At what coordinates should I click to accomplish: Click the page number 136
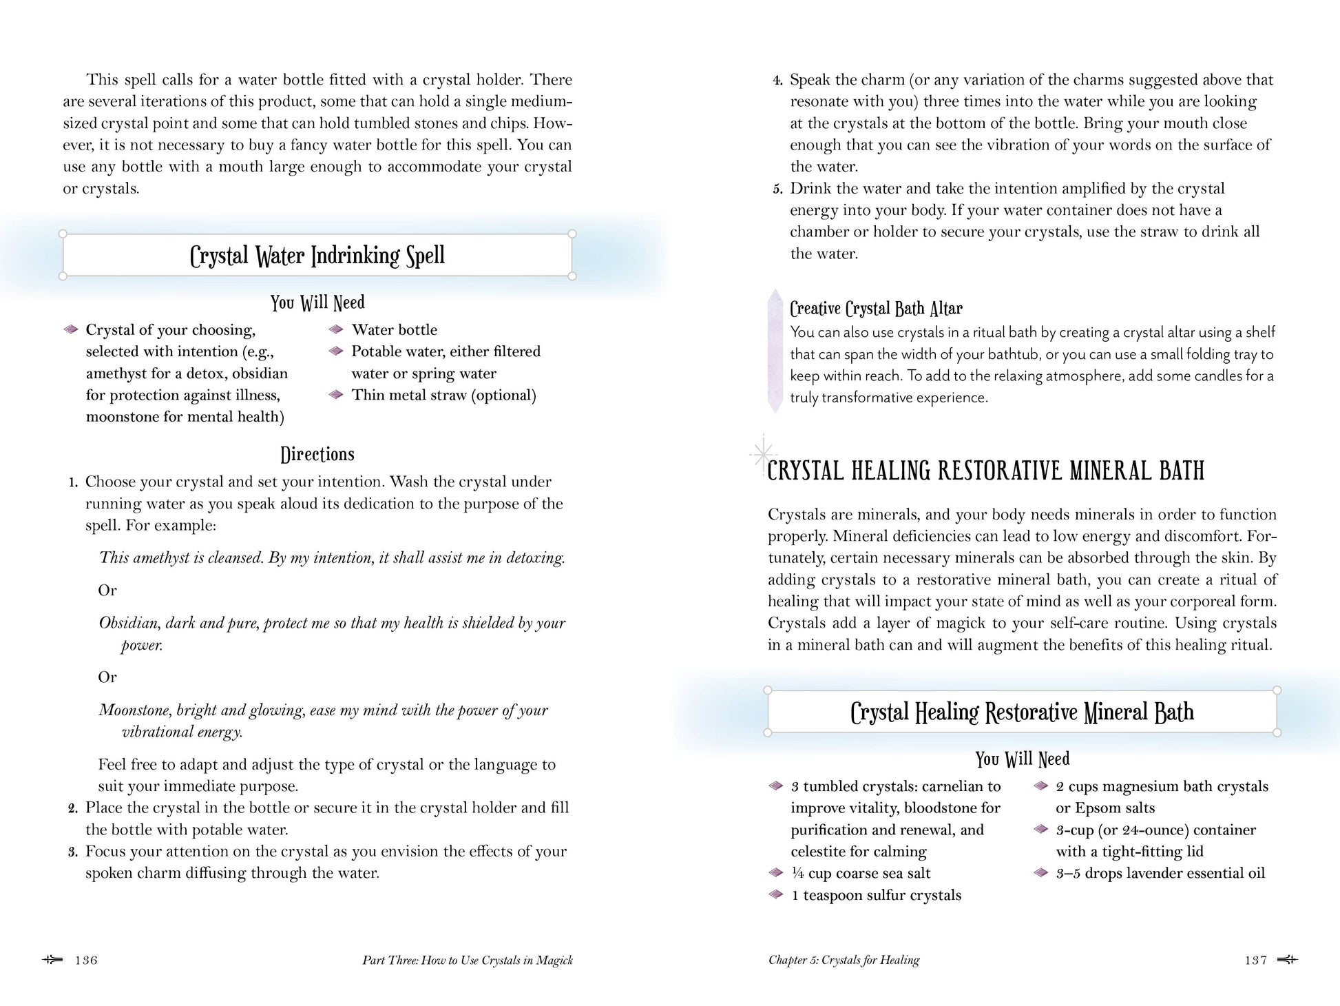pos(86,961)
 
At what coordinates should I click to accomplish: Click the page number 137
pos(1255,961)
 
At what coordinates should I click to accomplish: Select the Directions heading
pos(317,454)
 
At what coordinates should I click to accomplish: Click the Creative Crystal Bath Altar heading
pos(876,308)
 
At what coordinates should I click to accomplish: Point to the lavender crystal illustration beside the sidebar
pos(775,351)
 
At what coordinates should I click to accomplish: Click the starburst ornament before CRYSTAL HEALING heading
pos(762,453)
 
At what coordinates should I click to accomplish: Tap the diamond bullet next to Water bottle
pos(336,329)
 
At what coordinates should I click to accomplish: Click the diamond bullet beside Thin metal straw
pos(336,395)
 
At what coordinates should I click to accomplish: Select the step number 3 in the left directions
pos(73,852)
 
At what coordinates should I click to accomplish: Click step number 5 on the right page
pos(777,189)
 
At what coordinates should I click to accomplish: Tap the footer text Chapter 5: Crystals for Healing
pos(844,961)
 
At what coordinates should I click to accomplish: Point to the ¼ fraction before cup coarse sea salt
pos(797,873)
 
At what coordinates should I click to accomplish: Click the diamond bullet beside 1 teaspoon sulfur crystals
pos(776,894)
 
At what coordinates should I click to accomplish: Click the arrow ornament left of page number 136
pos(52,960)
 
